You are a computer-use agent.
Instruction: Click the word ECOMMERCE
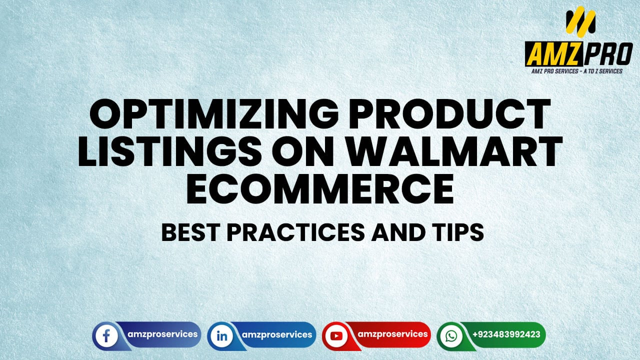(x=320, y=190)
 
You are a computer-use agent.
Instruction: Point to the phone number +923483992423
(x=506, y=334)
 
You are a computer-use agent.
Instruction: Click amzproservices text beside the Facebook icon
(x=161, y=334)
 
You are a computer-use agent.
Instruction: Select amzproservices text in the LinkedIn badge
(x=276, y=334)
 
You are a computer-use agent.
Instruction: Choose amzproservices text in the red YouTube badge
(x=391, y=334)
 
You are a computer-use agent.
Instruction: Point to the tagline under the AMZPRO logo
(x=577, y=71)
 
